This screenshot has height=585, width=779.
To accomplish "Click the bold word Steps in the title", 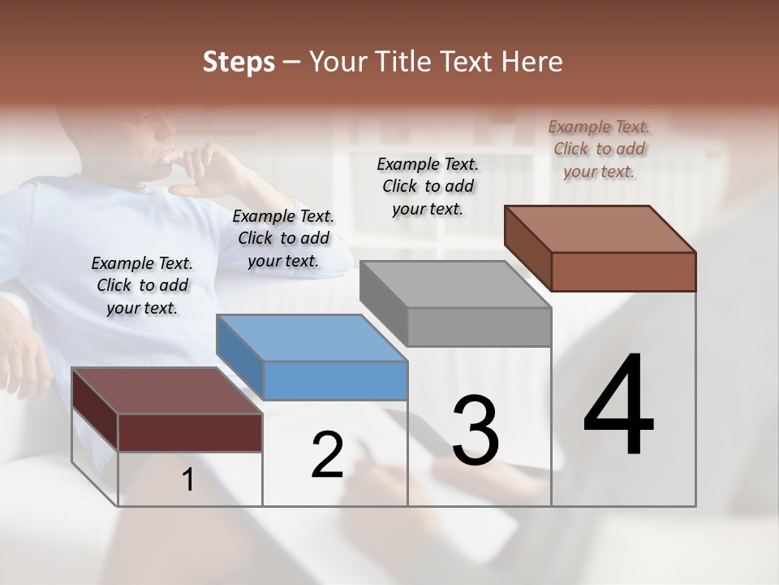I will click(239, 62).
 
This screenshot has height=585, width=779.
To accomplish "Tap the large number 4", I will click(618, 406).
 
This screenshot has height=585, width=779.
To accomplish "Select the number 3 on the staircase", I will click(475, 431).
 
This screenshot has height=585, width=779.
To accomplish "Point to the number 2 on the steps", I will click(327, 454).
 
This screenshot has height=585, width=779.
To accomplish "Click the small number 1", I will click(187, 480).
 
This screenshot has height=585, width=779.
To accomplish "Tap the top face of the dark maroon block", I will click(166, 391).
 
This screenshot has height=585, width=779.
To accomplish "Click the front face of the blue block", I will click(336, 380).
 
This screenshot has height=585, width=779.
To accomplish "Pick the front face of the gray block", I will click(480, 327).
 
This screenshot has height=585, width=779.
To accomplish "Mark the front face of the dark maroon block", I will click(190, 432).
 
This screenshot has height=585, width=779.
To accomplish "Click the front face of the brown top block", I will click(623, 271).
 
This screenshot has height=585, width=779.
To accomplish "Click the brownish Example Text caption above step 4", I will click(599, 149).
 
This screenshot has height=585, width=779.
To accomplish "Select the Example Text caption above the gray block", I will click(428, 186).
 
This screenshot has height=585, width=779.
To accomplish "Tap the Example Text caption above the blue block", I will click(283, 238).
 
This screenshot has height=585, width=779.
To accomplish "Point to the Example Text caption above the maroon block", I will click(142, 285).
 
